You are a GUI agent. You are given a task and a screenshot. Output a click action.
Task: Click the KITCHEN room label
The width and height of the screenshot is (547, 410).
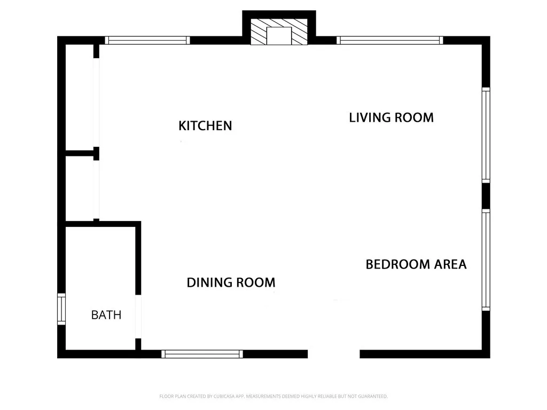205,126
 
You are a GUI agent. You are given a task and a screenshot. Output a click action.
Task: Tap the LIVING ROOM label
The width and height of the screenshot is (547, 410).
391,117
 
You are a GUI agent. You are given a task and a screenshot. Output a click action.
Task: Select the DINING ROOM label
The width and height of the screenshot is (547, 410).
231,282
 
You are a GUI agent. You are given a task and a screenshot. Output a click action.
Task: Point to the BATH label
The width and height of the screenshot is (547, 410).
106,315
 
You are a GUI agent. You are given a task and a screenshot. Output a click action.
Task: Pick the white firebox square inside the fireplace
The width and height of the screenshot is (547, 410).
278,36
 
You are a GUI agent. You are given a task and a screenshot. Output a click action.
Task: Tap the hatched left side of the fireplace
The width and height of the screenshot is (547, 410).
259,33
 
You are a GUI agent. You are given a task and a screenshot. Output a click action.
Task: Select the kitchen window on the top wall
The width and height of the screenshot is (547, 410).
147,40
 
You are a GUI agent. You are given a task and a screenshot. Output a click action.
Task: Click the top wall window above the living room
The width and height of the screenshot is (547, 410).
390,40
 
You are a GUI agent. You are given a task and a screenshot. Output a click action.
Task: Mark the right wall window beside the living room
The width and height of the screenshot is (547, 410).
486,136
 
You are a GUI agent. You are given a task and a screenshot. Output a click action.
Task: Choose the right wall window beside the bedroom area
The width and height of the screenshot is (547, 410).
486,259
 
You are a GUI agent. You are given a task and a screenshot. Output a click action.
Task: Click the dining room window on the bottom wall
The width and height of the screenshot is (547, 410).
202,353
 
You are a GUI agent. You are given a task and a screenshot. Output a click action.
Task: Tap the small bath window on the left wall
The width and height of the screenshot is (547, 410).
61,309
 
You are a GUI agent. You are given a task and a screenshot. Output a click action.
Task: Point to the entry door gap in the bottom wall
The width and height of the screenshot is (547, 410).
334,353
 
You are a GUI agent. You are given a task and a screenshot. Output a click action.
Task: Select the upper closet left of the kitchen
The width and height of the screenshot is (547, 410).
80,99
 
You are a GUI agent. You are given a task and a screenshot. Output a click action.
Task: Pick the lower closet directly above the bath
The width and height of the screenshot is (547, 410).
80,188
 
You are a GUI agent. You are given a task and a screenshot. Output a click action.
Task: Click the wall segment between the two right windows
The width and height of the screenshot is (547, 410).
486,195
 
